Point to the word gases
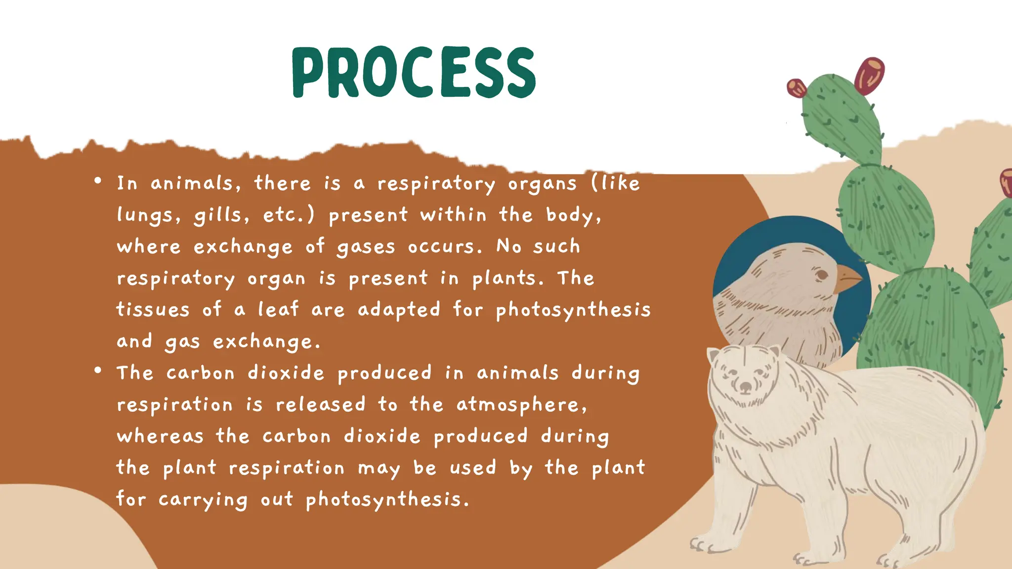(366, 247)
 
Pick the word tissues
(153, 310)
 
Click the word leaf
(279, 310)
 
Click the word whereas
(160, 436)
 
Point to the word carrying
(203, 500)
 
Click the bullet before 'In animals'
(98, 181)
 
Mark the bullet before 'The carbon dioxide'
(98, 370)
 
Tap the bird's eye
(821, 275)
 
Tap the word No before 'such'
(508, 246)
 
